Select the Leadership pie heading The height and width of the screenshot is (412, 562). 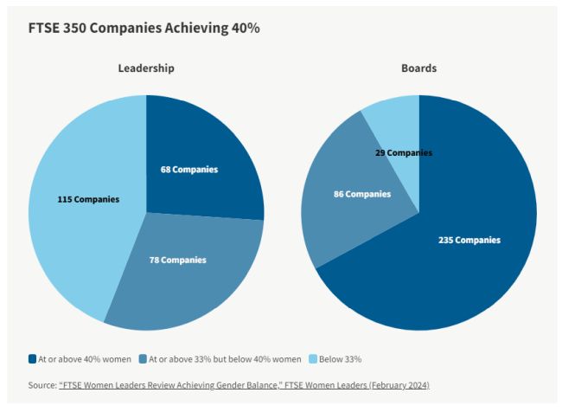pos(146,68)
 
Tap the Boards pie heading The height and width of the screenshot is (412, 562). pos(418,68)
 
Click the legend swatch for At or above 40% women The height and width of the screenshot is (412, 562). pos(31,358)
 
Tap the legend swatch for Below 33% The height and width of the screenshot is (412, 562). pos(314,358)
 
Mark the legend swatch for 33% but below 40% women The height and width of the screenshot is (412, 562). pos(144,358)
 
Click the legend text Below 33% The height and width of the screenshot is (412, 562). pos(342,358)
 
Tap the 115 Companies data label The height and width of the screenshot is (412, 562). pos(88,200)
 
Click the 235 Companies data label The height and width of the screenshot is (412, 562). pos(469,240)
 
